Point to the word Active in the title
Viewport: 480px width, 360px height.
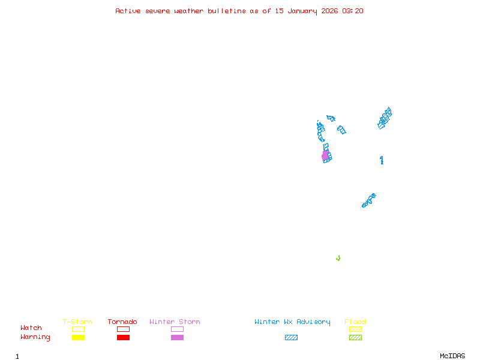(x=128, y=11)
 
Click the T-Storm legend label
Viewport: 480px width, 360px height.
(x=77, y=322)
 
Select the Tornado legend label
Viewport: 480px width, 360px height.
(x=122, y=322)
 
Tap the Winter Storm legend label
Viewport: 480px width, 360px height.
(x=175, y=322)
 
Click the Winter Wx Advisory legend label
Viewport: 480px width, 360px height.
(x=292, y=322)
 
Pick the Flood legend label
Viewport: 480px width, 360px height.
(x=355, y=322)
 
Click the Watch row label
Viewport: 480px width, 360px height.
(x=31, y=328)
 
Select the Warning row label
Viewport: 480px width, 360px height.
(x=35, y=337)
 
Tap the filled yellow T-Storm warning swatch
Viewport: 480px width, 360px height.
(x=78, y=338)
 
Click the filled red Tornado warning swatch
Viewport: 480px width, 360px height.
(x=123, y=338)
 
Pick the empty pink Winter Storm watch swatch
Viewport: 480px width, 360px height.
(x=177, y=329)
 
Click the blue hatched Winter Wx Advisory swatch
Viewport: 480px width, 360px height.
(x=291, y=338)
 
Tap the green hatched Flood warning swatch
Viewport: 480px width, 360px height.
(x=355, y=338)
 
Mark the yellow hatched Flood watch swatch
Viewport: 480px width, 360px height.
(x=355, y=329)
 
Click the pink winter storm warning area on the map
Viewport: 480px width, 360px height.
(x=325, y=156)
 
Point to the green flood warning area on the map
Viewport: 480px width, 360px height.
(x=338, y=259)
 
